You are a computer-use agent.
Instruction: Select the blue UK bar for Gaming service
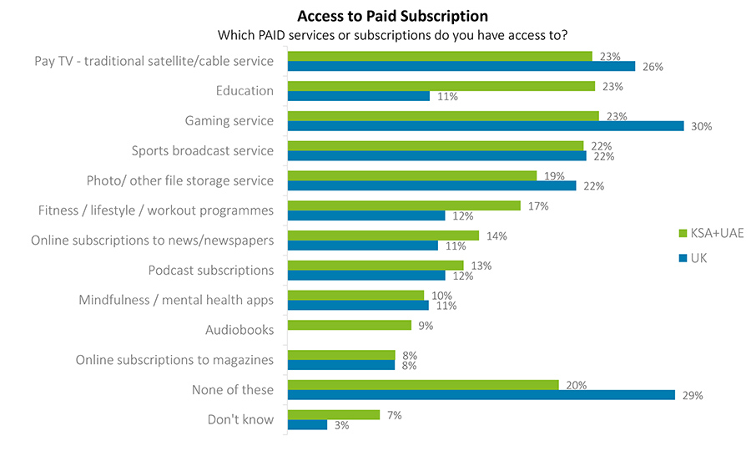point(485,126)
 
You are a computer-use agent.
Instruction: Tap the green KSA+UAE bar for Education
point(441,86)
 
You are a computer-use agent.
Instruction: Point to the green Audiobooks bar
point(349,325)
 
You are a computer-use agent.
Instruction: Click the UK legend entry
point(698,258)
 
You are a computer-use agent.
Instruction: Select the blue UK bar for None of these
point(481,395)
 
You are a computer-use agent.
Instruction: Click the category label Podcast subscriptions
point(210,270)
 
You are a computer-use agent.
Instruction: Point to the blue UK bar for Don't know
point(307,425)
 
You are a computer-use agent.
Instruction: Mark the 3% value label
point(340,426)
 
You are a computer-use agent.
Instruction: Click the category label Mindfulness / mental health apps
point(176,300)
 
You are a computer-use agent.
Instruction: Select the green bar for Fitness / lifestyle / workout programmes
point(404,205)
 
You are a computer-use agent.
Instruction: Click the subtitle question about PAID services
point(392,35)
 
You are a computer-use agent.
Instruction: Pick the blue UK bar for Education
point(359,96)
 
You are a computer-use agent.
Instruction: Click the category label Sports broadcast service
point(202,150)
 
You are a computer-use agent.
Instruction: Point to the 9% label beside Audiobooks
point(426,326)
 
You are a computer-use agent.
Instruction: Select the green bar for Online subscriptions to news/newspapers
point(383,236)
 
